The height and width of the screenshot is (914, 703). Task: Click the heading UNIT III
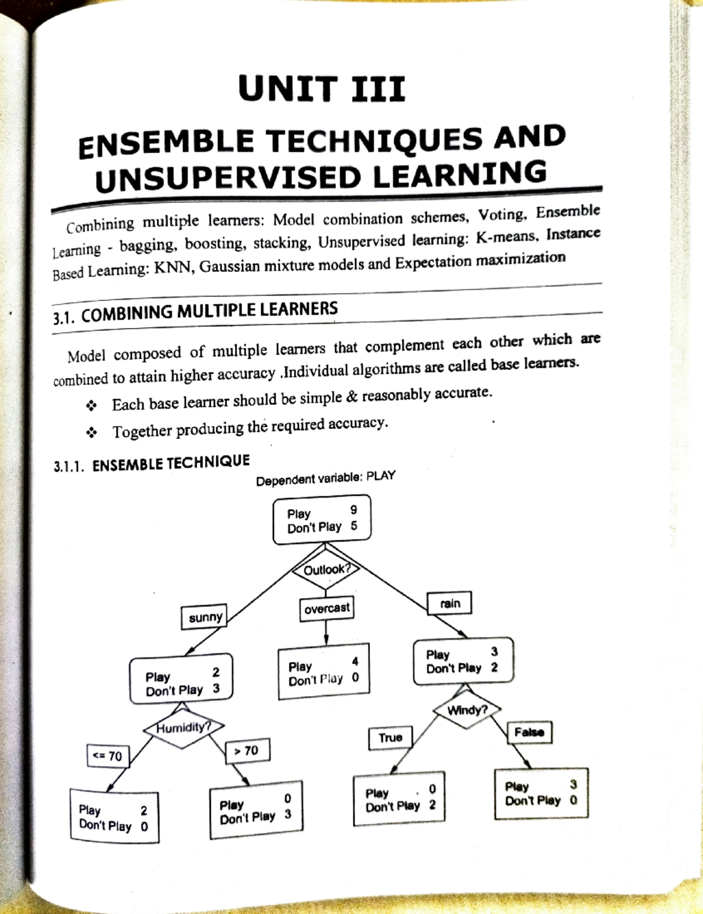pos(321,90)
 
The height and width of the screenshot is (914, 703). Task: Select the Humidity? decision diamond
pos(183,728)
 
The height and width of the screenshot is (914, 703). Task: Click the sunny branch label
pos(205,617)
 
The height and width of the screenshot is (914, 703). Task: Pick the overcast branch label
pos(327,608)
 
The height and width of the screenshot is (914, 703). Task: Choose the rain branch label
pos(450,603)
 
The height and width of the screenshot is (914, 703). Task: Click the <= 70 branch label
pos(108,756)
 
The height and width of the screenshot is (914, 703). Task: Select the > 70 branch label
pos(247,751)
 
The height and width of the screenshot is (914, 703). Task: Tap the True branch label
pos(390,738)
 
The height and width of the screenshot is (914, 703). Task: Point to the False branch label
pos(529,732)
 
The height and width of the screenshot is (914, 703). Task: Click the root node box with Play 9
pos(322,520)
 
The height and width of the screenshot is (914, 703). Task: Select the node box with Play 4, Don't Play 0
pos(324,673)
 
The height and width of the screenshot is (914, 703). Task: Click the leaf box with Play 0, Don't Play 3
pos(256,807)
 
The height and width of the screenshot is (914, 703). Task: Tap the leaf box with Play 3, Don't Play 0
pos(541,793)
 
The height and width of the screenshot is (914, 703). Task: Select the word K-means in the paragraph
pos(510,237)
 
